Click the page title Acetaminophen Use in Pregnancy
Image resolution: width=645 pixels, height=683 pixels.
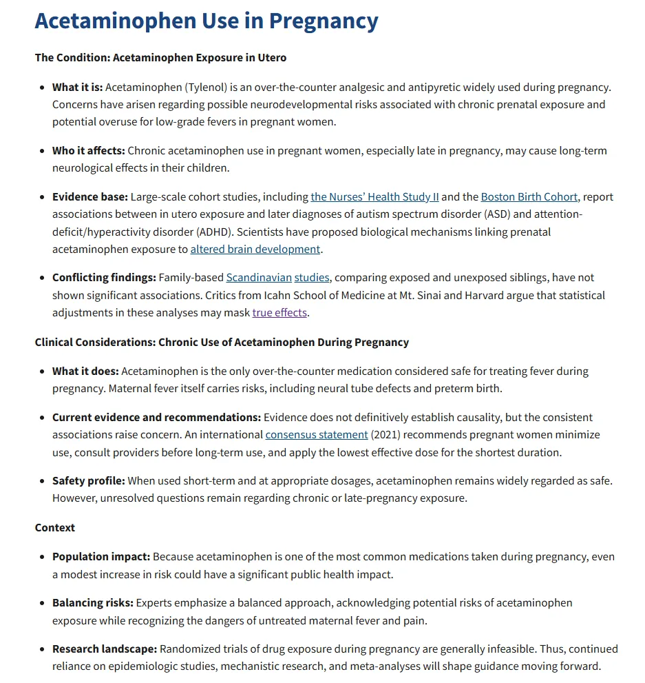click(x=207, y=21)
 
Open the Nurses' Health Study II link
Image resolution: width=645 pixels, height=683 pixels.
click(x=374, y=196)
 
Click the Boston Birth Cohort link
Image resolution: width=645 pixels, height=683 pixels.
click(x=529, y=196)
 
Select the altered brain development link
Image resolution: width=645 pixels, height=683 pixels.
click(x=255, y=249)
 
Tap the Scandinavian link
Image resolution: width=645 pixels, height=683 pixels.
click(x=258, y=278)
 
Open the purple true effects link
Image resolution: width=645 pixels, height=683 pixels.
click(x=279, y=312)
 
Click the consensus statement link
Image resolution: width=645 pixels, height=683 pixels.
click(x=317, y=435)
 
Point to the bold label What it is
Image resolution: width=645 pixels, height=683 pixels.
click(x=77, y=88)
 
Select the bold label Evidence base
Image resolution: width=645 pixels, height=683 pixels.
click(x=90, y=196)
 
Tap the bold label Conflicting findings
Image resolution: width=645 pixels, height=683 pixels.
click(x=104, y=278)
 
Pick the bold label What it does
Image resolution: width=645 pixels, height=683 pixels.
click(x=85, y=371)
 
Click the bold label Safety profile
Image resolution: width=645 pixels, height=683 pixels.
click(x=89, y=480)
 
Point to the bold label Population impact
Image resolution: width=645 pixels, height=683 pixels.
click(x=101, y=556)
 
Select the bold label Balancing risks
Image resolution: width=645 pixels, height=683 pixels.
click(x=93, y=602)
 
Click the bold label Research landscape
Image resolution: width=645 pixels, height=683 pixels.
click(x=105, y=649)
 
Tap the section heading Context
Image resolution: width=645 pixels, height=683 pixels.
click(x=55, y=527)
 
